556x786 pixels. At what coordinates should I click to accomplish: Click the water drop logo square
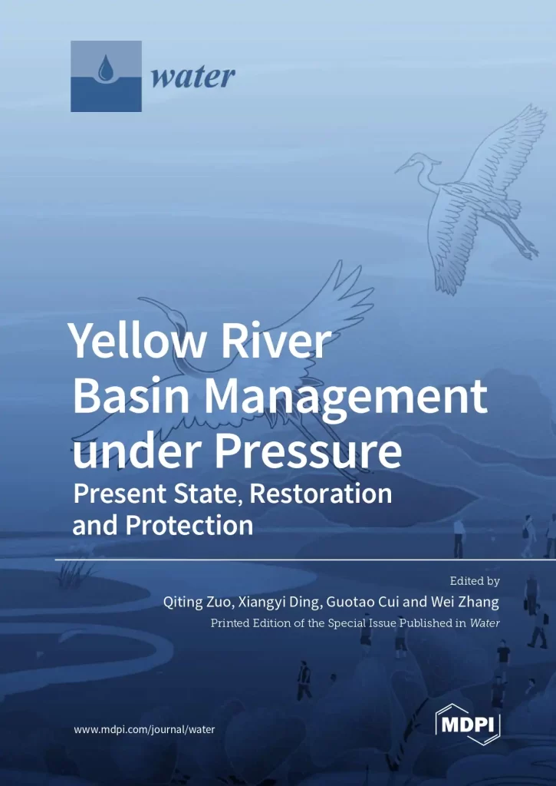click(x=106, y=76)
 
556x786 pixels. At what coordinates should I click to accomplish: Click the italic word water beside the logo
click(x=192, y=78)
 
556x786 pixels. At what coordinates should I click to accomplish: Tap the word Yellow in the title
click(x=137, y=340)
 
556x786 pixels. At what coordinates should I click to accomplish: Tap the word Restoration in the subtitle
click(x=321, y=494)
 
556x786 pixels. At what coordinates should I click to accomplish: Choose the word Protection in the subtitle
click(x=189, y=525)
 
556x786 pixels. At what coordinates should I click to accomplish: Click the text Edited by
click(x=475, y=581)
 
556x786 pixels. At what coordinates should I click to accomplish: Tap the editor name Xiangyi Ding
click(x=278, y=602)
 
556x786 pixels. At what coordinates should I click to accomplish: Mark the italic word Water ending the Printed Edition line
click(x=485, y=623)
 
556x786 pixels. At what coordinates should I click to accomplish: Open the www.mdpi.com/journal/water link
click(x=144, y=730)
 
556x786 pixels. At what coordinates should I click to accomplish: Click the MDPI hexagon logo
click(x=468, y=725)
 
